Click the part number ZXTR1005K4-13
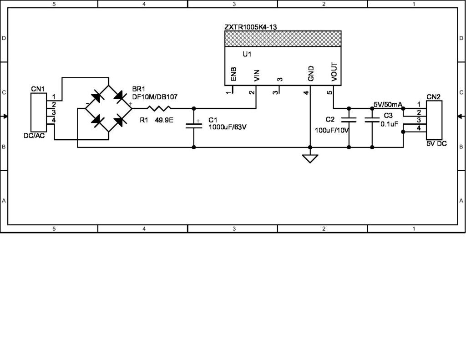(250, 27)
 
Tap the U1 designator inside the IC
(247, 54)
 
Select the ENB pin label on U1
(233, 74)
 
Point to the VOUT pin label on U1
(334, 72)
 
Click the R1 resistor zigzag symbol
(158, 108)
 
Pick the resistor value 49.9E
(164, 121)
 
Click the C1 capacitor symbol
(194, 125)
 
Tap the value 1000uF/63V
(227, 127)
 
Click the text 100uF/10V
(332, 130)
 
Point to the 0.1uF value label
(390, 123)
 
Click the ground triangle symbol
(310, 158)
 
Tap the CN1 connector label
(37, 89)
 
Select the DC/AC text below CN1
(34, 136)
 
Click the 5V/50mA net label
(387, 104)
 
